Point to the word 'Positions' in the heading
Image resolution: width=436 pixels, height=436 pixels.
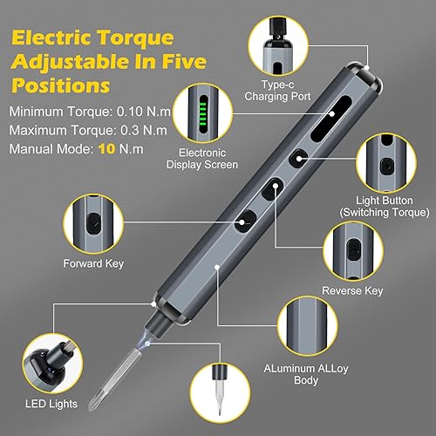(x=60, y=86)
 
